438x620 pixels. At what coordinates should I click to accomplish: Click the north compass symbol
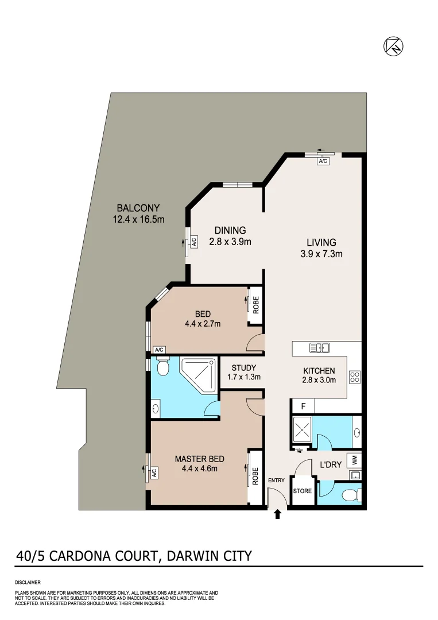pyautogui.click(x=393, y=46)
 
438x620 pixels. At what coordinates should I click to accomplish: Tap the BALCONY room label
pyautogui.click(x=138, y=208)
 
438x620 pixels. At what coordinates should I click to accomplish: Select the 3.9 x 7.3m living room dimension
pyautogui.click(x=321, y=253)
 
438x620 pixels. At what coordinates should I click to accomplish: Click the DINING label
pyautogui.click(x=230, y=231)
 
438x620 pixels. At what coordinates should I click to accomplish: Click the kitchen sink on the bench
pyautogui.click(x=319, y=347)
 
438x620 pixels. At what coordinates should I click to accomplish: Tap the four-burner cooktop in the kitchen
pyautogui.click(x=355, y=377)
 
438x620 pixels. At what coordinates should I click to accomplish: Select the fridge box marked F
pyautogui.click(x=303, y=406)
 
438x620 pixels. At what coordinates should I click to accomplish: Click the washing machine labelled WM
pyautogui.click(x=354, y=460)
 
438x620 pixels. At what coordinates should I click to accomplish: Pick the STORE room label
pyautogui.click(x=303, y=491)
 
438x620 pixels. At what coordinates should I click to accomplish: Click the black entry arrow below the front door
pyautogui.click(x=278, y=514)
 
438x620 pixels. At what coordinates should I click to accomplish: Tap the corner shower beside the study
pyautogui.click(x=198, y=374)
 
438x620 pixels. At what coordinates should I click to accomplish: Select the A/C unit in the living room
pyautogui.click(x=323, y=161)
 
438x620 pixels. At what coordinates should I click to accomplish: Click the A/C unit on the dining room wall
pyautogui.click(x=194, y=242)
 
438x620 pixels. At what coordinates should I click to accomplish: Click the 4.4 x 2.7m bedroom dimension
pyautogui.click(x=203, y=324)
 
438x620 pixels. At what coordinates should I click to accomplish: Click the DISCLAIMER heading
pyautogui.click(x=28, y=582)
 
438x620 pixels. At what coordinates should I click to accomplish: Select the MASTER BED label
pyautogui.click(x=199, y=459)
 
